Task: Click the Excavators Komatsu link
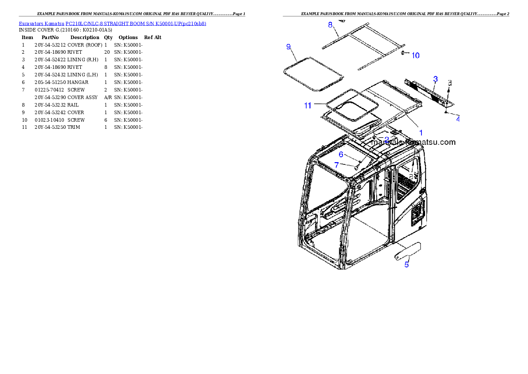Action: (41, 24)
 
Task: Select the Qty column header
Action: (108, 37)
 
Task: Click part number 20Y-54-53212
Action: (50, 45)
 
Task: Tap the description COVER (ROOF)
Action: (85, 45)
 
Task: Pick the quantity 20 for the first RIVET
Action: (107, 52)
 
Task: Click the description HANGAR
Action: (78, 82)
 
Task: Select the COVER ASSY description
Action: (83, 97)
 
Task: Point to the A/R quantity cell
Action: (108, 97)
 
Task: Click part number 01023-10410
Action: (49, 120)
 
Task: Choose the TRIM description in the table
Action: (74, 127)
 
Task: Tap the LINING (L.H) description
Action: (83, 75)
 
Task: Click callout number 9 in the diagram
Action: (288, 47)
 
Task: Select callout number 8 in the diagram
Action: (330, 24)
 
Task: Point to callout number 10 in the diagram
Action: (416, 56)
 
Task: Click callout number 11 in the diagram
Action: (308, 106)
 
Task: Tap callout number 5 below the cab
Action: (406, 265)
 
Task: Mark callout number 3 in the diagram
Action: (435, 79)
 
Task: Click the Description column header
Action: (85, 37)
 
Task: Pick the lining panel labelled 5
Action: (408, 251)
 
